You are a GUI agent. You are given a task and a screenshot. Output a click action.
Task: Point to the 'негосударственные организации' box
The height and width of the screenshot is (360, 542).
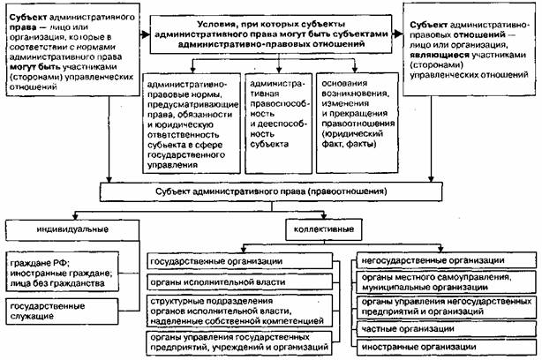point(445,260)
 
